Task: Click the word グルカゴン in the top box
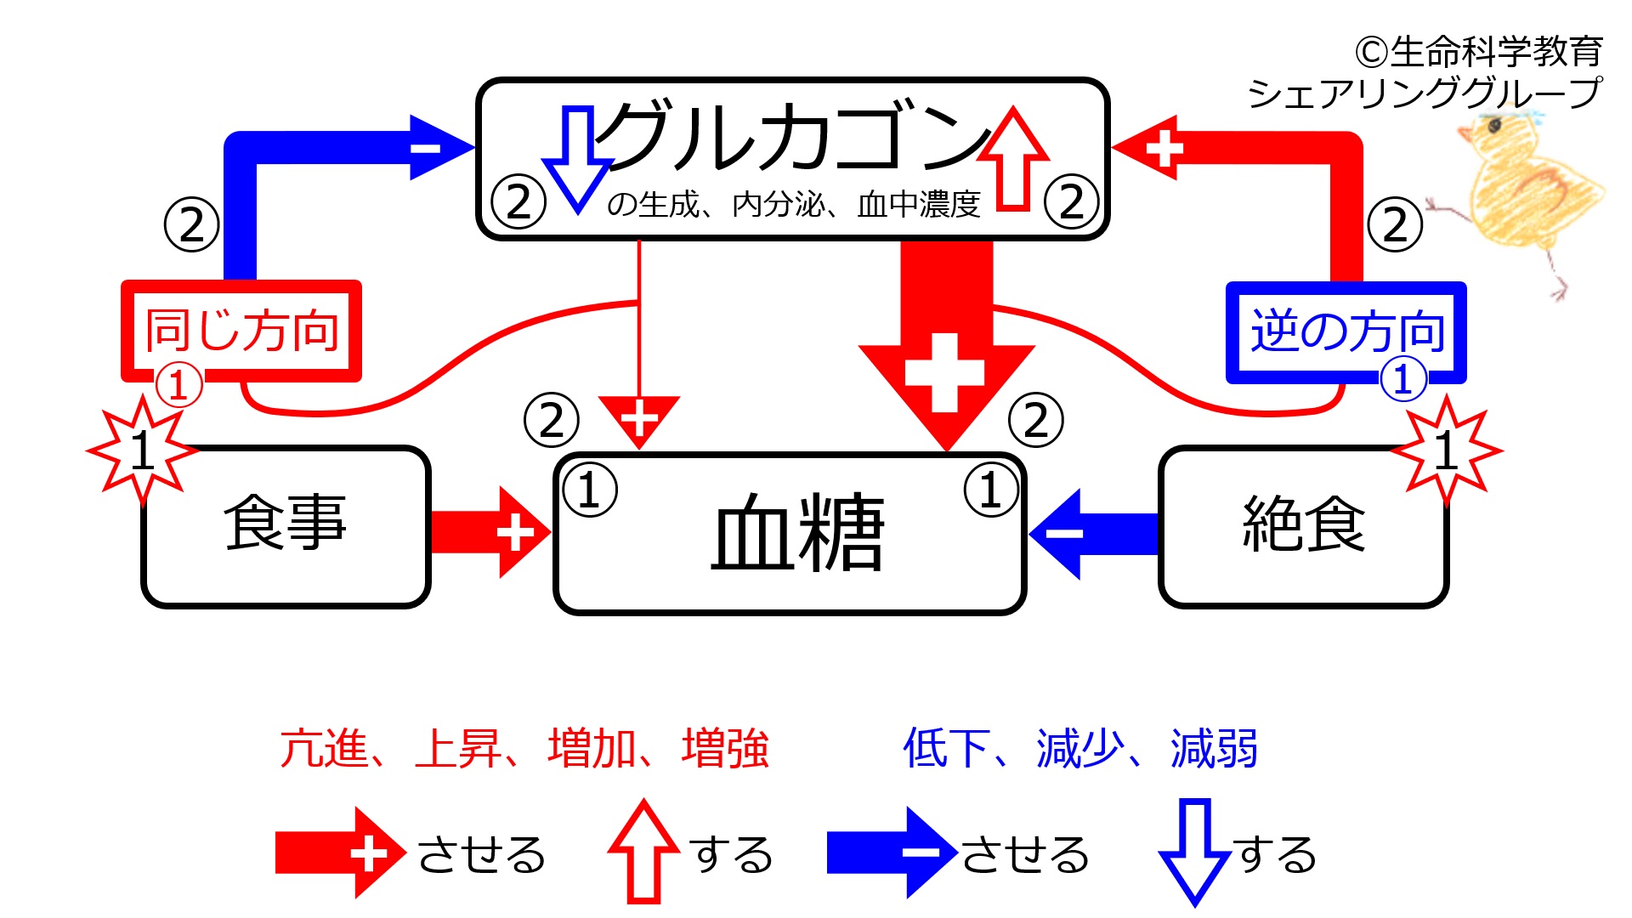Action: point(790,136)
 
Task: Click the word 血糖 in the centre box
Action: point(797,534)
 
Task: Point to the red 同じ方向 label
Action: point(242,331)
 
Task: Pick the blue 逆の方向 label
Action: point(1347,331)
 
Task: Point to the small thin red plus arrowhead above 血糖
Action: point(639,418)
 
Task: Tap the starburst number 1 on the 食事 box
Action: point(143,450)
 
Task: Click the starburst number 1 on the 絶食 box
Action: point(1446,450)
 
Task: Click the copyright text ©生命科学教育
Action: point(1479,53)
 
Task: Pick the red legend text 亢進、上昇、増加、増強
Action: point(524,749)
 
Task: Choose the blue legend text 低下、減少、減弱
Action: point(1079,749)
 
